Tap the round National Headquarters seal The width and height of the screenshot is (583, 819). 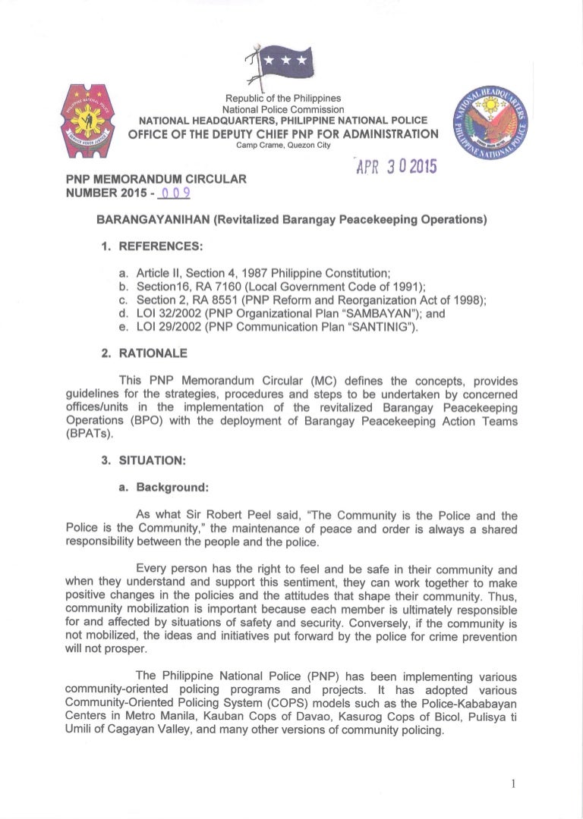pyautogui.click(x=491, y=123)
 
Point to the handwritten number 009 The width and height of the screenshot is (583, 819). pyautogui.click(x=175, y=194)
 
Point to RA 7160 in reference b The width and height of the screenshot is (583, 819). pyautogui.click(x=205, y=284)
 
